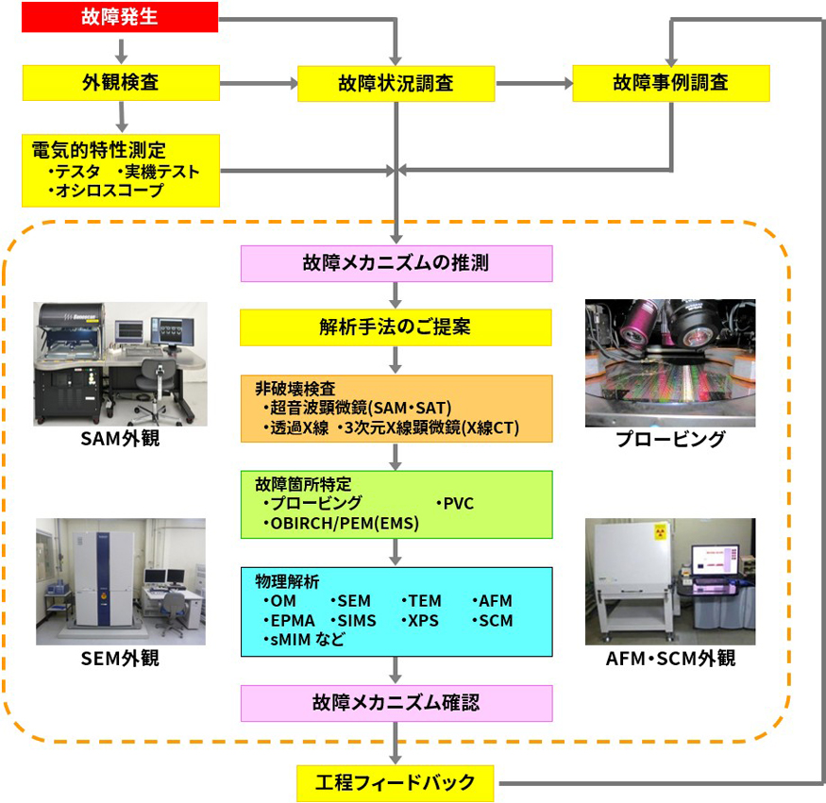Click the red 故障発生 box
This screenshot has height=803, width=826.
[x=120, y=17]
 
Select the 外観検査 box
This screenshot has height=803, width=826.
[x=120, y=82]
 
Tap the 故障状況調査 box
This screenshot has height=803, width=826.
[x=396, y=83]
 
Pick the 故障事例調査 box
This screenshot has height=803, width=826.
[x=670, y=82]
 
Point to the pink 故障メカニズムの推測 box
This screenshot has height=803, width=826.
[x=396, y=262]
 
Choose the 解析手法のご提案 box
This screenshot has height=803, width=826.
[x=396, y=327]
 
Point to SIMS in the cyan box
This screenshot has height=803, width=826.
[x=355, y=621]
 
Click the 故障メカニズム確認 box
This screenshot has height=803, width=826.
[x=396, y=703]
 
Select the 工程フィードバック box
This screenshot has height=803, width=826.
[x=396, y=782]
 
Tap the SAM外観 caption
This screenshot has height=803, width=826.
[x=120, y=440]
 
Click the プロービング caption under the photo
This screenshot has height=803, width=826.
[x=670, y=440]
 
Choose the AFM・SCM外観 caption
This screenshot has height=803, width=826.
[x=670, y=659]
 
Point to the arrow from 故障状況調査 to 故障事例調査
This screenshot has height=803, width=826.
[x=533, y=83]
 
